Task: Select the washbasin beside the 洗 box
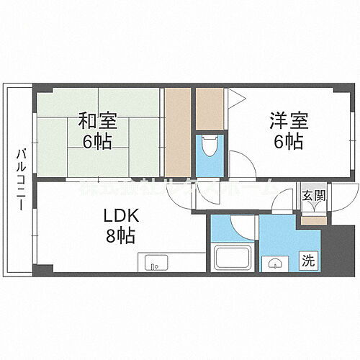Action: click(x=274, y=264)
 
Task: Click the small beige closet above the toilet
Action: click(x=210, y=108)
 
